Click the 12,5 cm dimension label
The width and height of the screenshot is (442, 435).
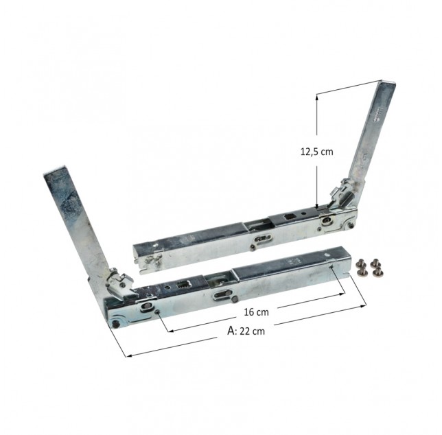[x=316, y=152]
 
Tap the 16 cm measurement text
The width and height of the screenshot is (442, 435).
[x=256, y=312]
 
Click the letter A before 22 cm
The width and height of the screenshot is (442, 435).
[x=231, y=331]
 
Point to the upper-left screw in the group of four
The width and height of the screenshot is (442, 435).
[x=360, y=263]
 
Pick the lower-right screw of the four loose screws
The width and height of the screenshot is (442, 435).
[x=376, y=272]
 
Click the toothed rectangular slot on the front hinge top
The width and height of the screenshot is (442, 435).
[x=181, y=285]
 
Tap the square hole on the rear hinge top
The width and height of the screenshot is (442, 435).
[x=289, y=217]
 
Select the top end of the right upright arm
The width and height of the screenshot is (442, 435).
[x=388, y=82]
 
